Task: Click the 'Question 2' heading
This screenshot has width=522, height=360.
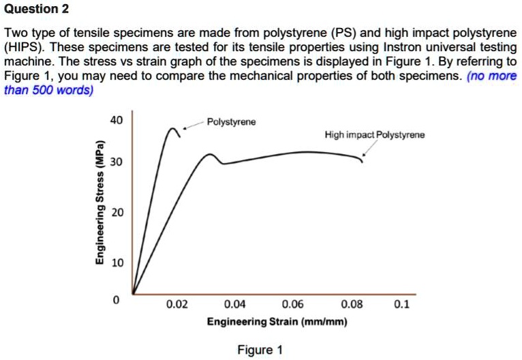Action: tap(36, 10)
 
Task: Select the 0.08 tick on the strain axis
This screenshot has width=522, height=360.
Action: tap(351, 305)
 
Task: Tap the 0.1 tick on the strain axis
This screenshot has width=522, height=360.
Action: tap(402, 305)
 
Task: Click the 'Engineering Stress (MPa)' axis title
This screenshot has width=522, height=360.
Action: tap(99, 202)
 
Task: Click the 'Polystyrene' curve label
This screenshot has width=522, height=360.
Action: tap(231, 122)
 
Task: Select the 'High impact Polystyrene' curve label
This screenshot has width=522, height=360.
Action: tap(375, 135)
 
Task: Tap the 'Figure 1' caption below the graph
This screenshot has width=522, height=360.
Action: tap(260, 350)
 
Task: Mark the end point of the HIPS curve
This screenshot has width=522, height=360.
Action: tap(362, 162)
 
